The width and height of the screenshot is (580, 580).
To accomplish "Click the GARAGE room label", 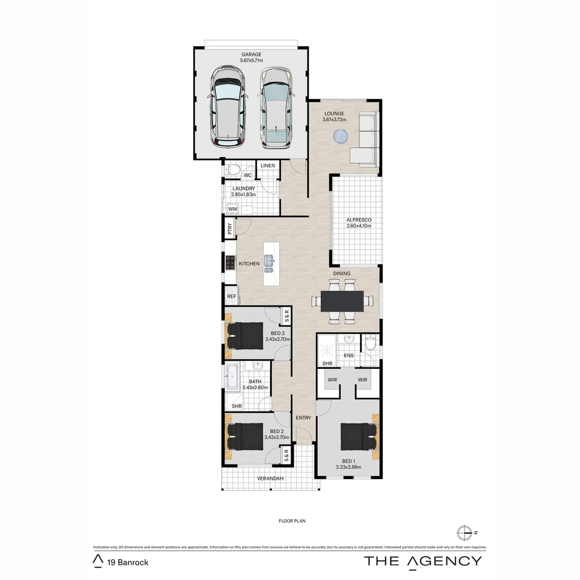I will [x=251, y=54].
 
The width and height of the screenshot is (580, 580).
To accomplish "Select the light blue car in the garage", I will [x=277, y=107].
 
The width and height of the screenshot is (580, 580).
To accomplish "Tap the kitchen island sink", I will [x=270, y=263].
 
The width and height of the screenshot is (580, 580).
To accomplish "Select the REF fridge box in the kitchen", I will [x=231, y=296].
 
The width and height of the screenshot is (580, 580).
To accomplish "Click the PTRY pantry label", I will [x=230, y=229].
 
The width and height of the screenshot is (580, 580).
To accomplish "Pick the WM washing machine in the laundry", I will [x=233, y=208].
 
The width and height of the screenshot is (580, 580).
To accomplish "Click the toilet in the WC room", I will [x=232, y=170].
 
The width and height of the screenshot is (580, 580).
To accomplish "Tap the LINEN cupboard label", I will [x=268, y=165].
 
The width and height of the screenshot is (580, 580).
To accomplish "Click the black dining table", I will [x=342, y=301].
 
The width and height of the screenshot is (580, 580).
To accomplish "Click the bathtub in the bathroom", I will [x=232, y=378].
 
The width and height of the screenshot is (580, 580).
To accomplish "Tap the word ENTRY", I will [x=303, y=418].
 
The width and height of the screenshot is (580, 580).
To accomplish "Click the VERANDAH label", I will [x=270, y=478].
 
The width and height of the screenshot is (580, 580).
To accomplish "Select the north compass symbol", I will [x=463, y=533].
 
